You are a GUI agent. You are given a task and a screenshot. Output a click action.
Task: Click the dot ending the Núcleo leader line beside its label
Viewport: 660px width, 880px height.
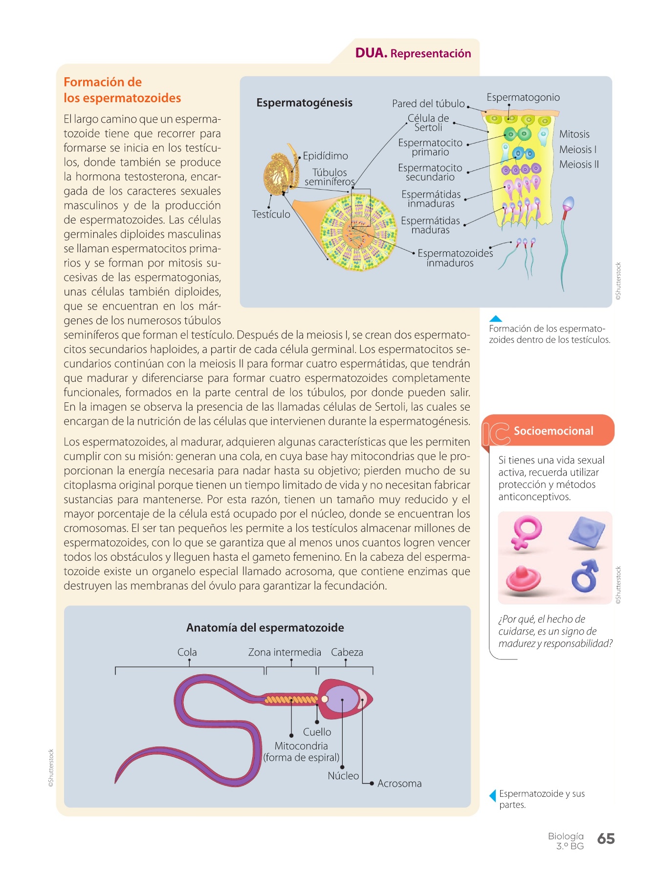click(342, 767)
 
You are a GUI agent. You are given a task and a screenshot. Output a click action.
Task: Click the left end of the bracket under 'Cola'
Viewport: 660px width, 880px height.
click(115, 671)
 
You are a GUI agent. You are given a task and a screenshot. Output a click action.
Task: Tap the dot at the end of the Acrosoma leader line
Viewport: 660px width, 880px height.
click(372, 783)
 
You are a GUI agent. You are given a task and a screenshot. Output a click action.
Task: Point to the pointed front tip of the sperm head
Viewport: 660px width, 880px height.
click(373, 698)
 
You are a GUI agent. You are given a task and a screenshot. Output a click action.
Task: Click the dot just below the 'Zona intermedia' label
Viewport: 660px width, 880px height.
click(291, 660)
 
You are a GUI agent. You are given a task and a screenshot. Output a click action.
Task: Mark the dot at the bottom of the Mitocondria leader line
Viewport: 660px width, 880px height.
click(291, 735)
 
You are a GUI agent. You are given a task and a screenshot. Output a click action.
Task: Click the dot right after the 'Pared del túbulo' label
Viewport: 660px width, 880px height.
click(468, 106)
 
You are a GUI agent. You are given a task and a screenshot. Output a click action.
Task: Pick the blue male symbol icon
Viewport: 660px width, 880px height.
click(585, 575)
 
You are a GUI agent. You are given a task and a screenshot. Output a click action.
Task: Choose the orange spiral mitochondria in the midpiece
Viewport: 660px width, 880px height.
click(291, 700)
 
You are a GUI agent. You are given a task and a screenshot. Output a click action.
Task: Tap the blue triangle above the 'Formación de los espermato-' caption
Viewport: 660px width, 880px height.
click(495, 318)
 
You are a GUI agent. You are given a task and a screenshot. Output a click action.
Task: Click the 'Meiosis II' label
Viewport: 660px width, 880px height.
click(579, 164)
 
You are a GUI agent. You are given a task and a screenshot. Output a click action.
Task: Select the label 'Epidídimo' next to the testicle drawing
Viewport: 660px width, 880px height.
click(326, 156)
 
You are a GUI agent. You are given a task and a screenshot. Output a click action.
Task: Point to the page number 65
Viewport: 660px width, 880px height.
click(606, 839)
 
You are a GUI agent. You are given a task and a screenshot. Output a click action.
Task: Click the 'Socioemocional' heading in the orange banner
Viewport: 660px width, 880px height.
click(553, 431)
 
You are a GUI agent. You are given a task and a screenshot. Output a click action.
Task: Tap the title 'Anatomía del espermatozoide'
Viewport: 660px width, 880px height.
click(265, 628)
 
